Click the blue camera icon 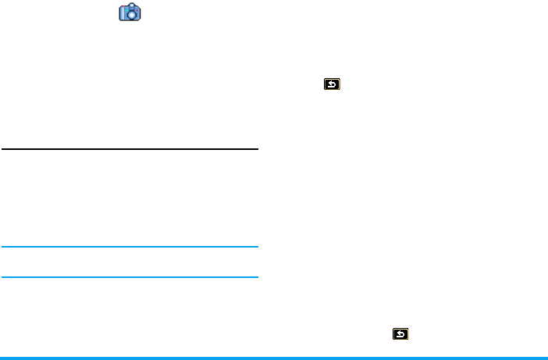(130, 12)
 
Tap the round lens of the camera (132, 15)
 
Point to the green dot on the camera (127, 10)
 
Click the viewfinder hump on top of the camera (132, 5)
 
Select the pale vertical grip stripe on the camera (123, 12)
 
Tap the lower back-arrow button (400, 335)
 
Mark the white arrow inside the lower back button (400, 335)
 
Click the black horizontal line (130, 148)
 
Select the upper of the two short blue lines (130, 248)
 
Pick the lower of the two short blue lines (130, 277)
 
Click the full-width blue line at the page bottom (274, 358)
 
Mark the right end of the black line (256, 148)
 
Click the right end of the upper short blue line (256, 248)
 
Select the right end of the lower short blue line (256, 277)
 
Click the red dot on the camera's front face (137, 10)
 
